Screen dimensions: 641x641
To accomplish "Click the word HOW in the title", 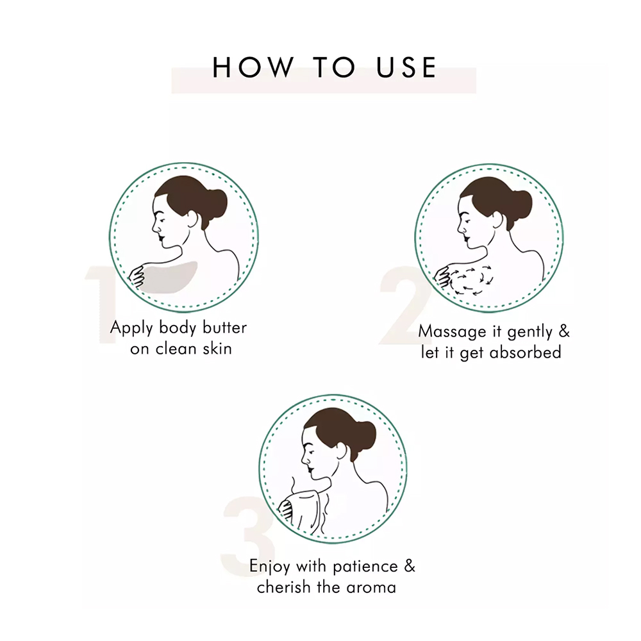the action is (253, 67).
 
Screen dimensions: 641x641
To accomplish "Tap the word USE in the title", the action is (406, 67).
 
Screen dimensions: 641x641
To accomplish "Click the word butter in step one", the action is (225, 328).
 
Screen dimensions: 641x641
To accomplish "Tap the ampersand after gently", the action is (564, 331).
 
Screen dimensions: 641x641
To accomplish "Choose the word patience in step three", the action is (365, 567).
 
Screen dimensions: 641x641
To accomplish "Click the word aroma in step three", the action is (371, 587).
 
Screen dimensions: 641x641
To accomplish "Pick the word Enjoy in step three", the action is (271, 567).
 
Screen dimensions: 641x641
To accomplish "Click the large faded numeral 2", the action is (404, 304).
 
